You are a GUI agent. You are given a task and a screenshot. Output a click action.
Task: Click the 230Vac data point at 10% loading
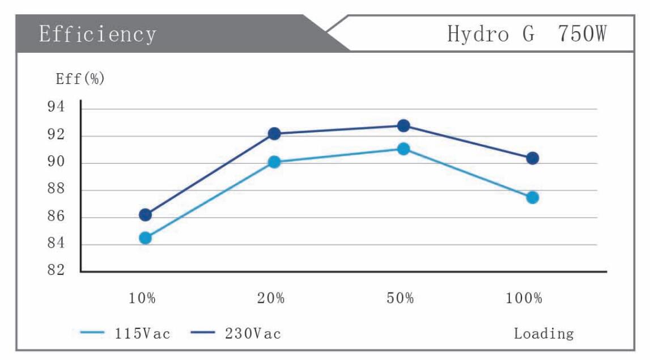click(145, 215)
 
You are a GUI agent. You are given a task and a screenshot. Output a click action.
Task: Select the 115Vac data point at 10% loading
click(145, 238)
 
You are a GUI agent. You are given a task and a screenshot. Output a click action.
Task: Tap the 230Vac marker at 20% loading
click(274, 134)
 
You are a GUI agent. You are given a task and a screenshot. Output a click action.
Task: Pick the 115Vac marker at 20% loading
click(274, 162)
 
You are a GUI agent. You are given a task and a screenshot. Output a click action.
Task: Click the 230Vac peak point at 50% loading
click(403, 126)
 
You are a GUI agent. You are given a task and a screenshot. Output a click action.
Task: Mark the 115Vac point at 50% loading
click(403, 149)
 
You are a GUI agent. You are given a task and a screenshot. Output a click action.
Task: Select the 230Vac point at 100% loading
click(532, 158)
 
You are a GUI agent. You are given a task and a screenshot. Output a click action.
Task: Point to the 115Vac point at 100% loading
click(532, 197)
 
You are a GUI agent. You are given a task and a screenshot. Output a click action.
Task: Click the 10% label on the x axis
click(142, 299)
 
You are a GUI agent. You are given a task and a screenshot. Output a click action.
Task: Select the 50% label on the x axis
click(400, 299)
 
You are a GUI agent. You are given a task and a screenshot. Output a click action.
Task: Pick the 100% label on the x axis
click(524, 299)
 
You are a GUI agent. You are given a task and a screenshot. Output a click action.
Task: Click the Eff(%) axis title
click(80, 79)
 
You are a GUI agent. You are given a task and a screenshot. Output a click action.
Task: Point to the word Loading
click(543, 334)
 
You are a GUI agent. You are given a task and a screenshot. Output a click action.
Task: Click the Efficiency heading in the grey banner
click(97, 34)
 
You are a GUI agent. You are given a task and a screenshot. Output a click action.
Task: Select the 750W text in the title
click(583, 34)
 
